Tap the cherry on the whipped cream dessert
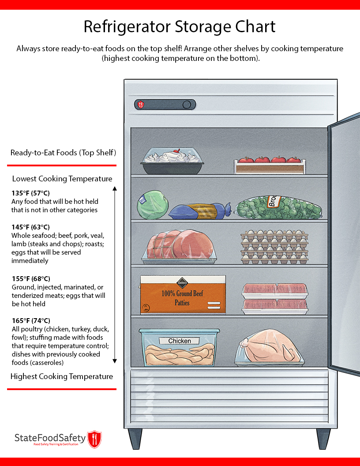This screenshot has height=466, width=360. pyautogui.click(x=176, y=151)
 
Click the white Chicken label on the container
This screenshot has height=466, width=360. pyautogui.click(x=180, y=341)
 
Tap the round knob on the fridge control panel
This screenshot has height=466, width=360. pyautogui.click(x=187, y=105)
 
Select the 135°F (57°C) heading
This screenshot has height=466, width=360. pyautogui.click(x=30, y=193)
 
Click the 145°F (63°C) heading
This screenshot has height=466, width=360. pyautogui.click(x=30, y=227)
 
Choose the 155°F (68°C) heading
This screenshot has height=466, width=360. pyautogui.click(x=30, y=278)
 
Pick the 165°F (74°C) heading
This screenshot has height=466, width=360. pyautogui.click(x=30, y=320)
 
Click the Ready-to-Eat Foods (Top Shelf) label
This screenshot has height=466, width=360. pyautogui.click(x=63, y=153)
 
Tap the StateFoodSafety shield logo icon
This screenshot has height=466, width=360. pyautogui.click(x=94, y=439)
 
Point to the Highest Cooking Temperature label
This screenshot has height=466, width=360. pyautogui.click(x=61, y=376)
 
